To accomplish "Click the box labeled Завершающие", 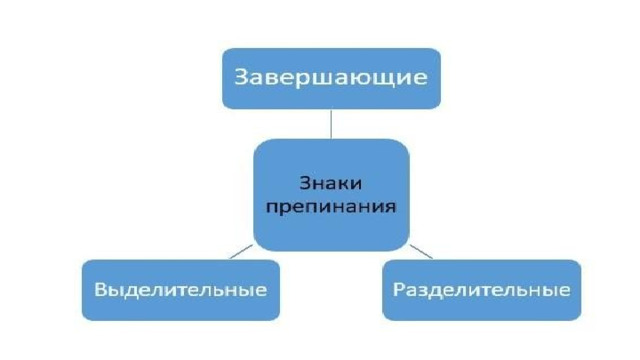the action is pos(331,78).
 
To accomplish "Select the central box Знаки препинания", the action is pos(331,195).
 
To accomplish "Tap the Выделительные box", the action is pos(181,290).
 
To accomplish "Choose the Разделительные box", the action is pos(482,290).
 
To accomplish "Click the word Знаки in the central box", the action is pos(331,183).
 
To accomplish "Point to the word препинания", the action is pos(331,206).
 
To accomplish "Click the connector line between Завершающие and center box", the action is pos(331,124).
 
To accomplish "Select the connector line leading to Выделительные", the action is pos(241,252).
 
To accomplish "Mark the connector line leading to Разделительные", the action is pos(421,252).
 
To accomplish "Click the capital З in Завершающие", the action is pos(242,77).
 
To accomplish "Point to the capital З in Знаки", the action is pos(305,183).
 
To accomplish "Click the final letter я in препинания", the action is pos(391,207).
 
